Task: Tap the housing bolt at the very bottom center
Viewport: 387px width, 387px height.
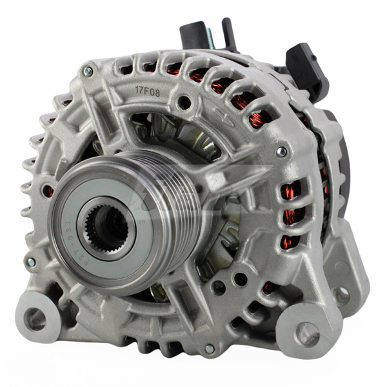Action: (208, 348)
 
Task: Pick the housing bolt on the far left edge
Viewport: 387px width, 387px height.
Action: (30, 263)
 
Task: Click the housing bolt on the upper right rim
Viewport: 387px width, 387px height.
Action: (281, 152)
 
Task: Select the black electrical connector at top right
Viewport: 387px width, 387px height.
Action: (304, 64)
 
